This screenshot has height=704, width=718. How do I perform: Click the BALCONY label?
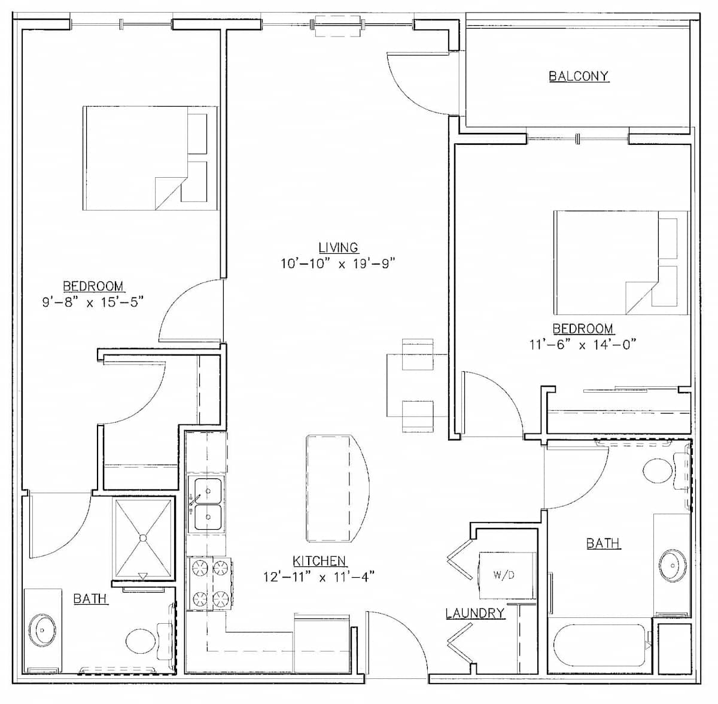click(579, 76)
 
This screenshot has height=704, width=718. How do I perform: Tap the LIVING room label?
click(338, 247)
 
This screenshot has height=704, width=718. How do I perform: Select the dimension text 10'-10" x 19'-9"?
click(337, 264)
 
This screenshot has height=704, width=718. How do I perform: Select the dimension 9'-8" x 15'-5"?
click(93, 302)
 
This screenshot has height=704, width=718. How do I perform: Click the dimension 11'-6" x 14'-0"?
click(582, 344)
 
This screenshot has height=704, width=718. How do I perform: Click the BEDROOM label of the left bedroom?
click(93, 286)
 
